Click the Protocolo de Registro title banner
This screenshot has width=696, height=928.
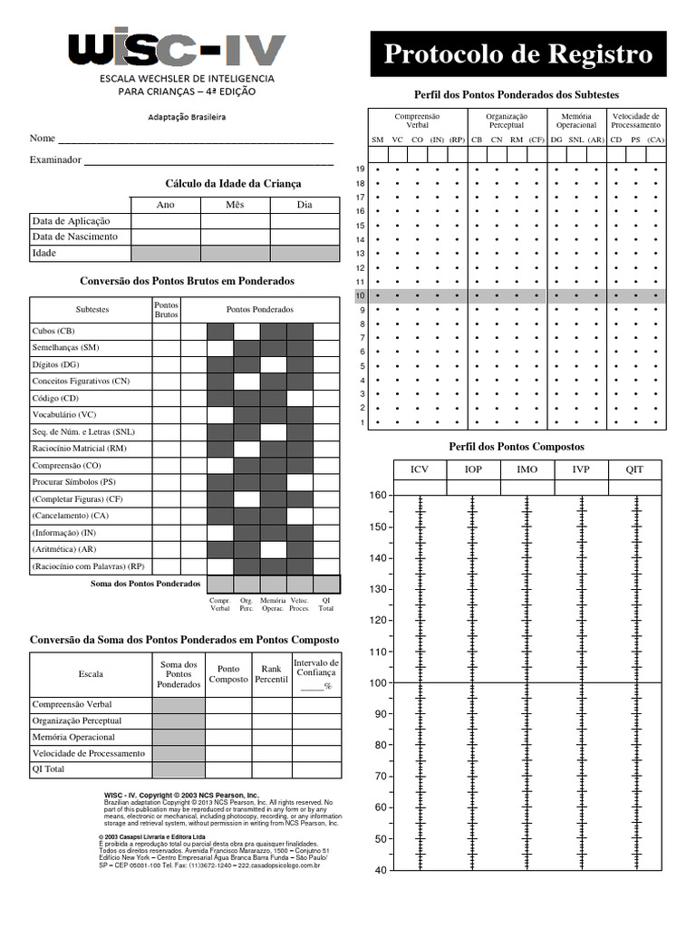[518, 54]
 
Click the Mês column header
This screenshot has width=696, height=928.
[235, 205]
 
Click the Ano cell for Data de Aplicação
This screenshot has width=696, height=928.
[166, 220]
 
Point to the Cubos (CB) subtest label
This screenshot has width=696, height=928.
[53, 332]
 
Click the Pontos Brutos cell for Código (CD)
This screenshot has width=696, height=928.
[166, 398]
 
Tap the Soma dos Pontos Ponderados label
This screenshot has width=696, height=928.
[146, 584]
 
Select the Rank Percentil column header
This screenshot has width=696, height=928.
[270, 673]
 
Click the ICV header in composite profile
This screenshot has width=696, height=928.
[420, 469]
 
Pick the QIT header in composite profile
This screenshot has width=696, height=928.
[634, 469]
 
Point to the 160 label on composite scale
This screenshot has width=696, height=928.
[378, 496]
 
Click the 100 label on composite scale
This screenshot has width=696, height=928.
[378, 682]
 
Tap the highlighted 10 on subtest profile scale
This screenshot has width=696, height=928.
[360, 296]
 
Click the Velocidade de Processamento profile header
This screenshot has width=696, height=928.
[635, 121]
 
